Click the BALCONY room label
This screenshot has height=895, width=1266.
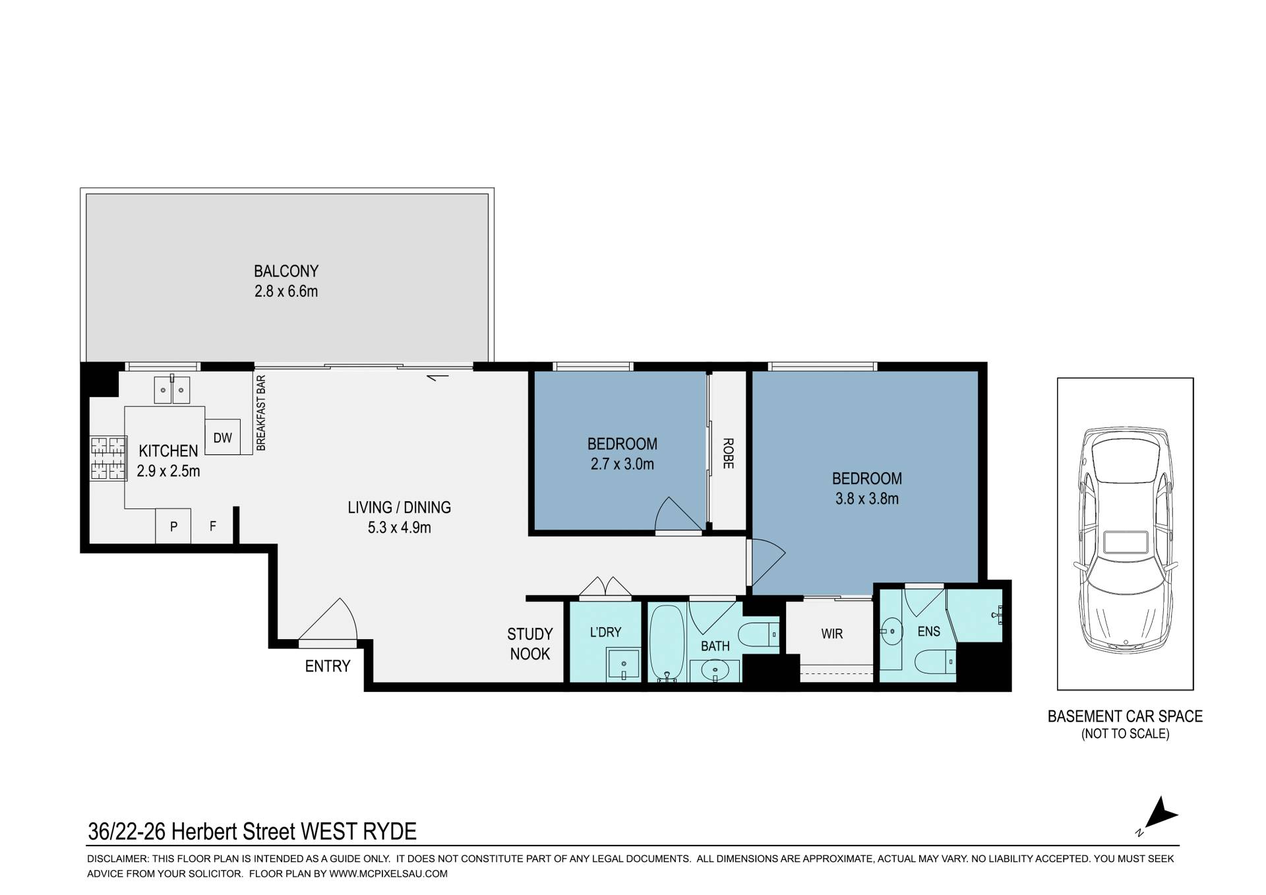click(286, 271)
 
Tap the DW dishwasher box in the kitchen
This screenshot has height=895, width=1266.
click(223, 437)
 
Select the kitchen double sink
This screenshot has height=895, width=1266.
click(172, 390)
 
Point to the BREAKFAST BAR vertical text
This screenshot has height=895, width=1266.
click(260, 413)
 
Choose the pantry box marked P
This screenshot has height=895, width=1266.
click(173, 526)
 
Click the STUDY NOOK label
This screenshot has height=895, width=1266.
click(530, 644)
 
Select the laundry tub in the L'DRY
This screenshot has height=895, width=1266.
click(623, 664)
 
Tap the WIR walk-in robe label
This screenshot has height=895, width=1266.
click(832, 634)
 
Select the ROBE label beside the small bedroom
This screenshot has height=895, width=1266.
click(728, 453)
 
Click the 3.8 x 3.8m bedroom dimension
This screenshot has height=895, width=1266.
click(867, 499)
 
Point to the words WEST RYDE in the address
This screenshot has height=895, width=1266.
click(359, 832)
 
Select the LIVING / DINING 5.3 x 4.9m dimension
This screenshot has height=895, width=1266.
click(400, 528)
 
